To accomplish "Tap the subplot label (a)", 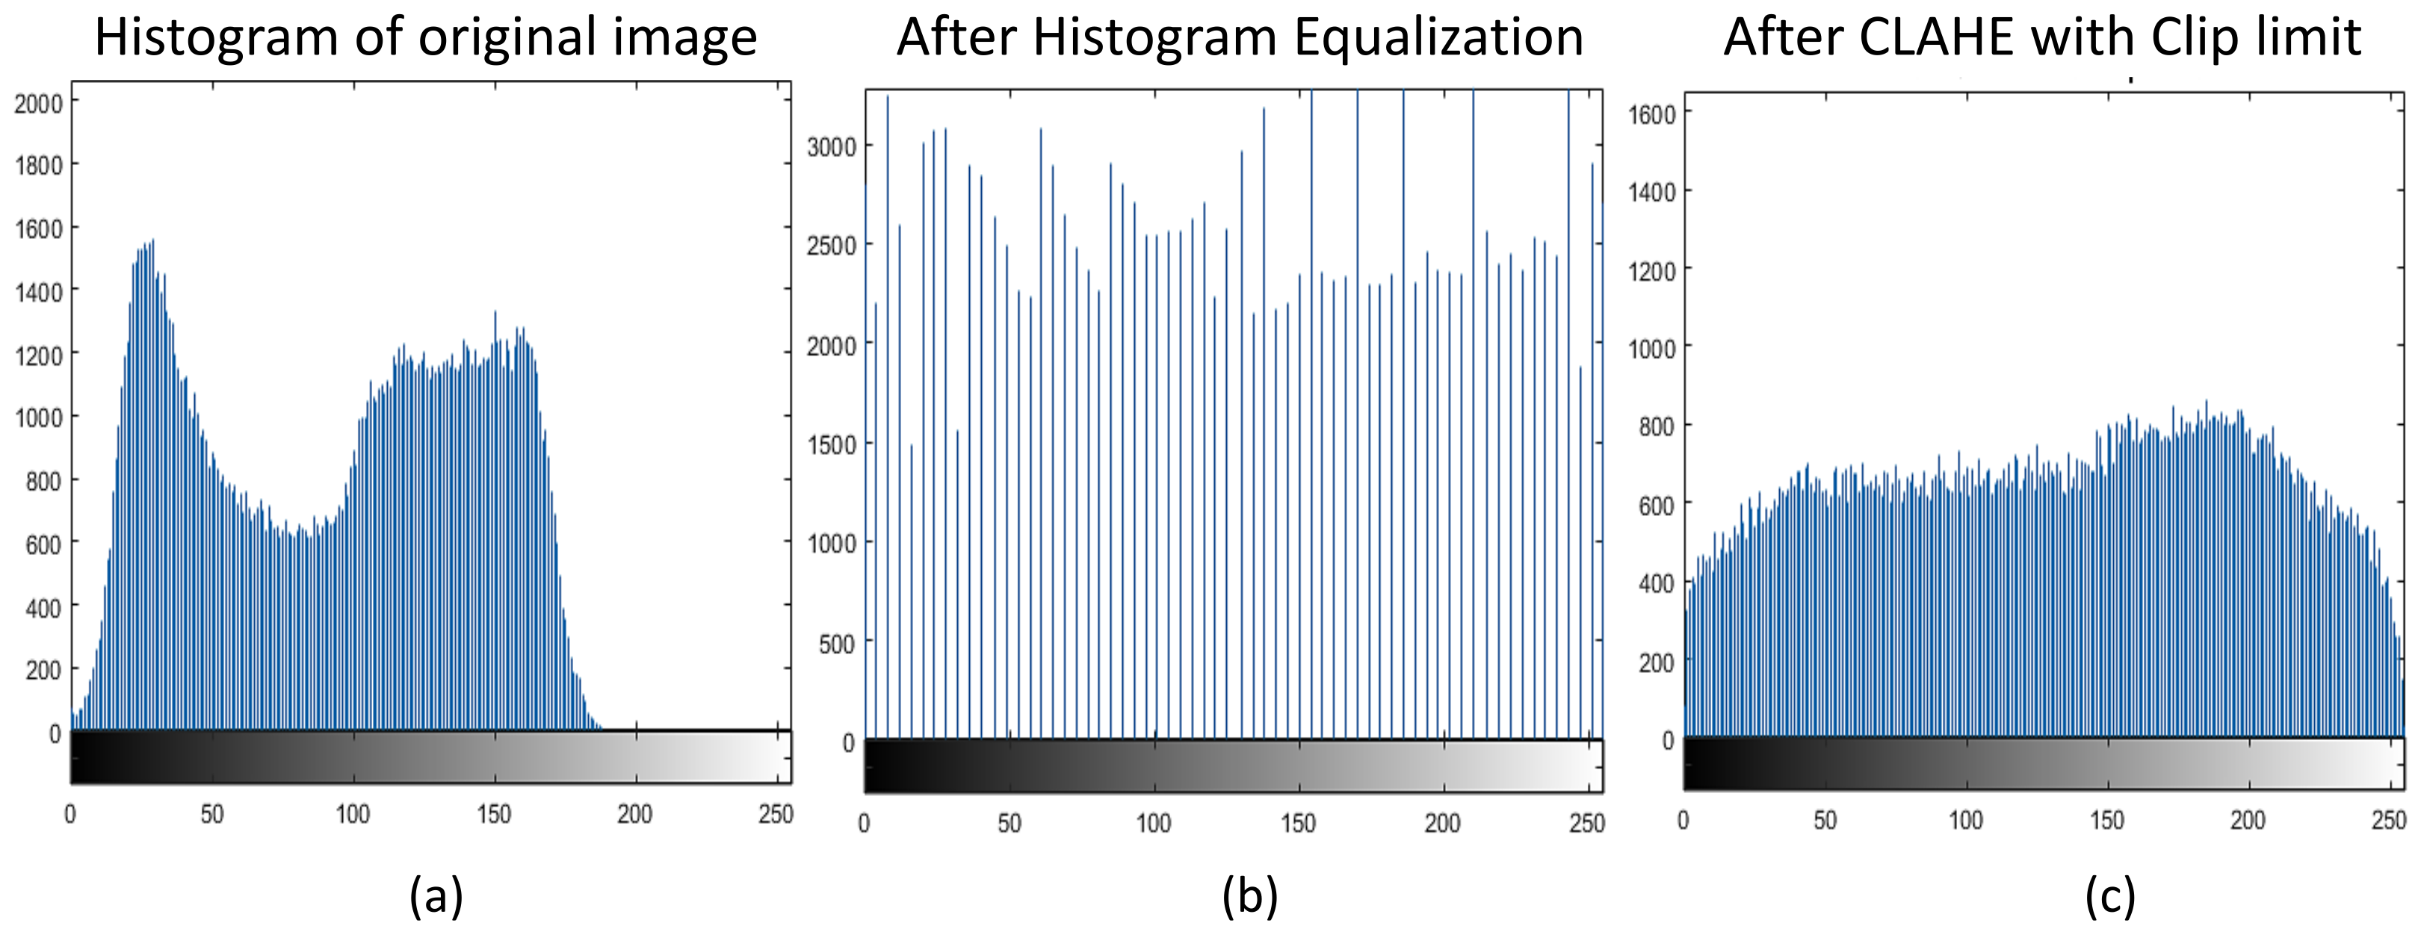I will [436, 895].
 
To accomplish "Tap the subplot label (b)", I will [1249, 895].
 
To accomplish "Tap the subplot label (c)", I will [2110, 895].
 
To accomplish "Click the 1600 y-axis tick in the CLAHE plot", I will [1651, 114].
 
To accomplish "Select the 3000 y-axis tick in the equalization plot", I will [832, 146].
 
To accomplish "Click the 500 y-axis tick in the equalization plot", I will [836, 644].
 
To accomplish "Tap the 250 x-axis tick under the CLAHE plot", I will [2388, 820].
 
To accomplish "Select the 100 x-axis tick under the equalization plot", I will [1153, 823].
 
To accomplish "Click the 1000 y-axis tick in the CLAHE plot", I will [1651, 349].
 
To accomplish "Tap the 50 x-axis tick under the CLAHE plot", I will [1824, 820].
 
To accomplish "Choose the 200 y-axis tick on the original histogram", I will [43, 670].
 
